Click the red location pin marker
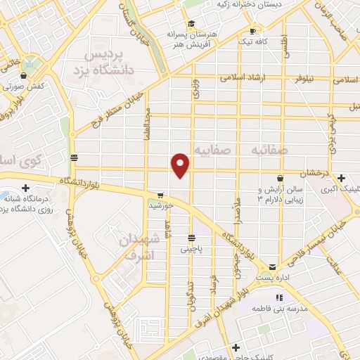tap(181, 165)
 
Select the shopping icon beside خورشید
tap(160, 195)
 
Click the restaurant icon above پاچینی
tap(191, 237)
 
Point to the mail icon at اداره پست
tap(272, 267)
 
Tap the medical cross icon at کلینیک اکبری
tap(341, 178)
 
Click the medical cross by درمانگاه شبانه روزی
tap(25, 188)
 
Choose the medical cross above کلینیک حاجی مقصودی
tap(237, 347)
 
